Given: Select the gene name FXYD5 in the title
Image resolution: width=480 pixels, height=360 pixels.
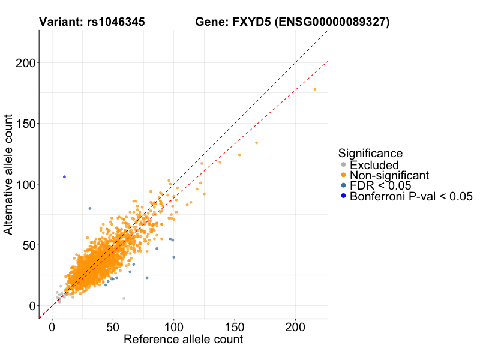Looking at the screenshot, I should click(250, 23).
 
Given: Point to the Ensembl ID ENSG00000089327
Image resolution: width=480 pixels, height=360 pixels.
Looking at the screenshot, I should click(331, 23).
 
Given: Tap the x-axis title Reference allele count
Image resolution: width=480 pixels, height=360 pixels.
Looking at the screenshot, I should click(183, 340).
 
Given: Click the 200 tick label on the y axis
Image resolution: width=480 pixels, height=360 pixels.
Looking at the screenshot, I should click(24, 63).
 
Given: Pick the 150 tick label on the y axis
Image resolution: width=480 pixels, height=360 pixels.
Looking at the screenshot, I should click(24, 124).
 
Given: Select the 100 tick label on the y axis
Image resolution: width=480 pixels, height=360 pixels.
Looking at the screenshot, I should click(24, 184).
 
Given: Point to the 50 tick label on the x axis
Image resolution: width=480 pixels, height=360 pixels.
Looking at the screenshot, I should click(113, 326).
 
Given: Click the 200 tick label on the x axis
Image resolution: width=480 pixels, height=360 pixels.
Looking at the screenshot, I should click(295, 326).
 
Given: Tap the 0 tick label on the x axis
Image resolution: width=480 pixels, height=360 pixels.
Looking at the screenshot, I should click(52, 326).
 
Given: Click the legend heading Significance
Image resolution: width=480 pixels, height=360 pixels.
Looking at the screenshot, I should click(370, 153).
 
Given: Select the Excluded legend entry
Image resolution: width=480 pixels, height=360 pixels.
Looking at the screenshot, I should click(374, 165).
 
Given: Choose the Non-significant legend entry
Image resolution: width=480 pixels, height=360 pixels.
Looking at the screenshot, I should click(389, 175).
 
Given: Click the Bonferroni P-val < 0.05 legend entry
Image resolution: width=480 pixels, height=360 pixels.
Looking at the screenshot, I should click(411, 196).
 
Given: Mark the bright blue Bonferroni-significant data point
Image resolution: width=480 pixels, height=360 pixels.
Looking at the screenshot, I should click(64, 176).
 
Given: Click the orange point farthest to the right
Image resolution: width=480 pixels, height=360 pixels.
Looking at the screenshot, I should click(315, 89).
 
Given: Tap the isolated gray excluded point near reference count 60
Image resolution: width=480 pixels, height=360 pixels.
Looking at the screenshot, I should click(124, 298).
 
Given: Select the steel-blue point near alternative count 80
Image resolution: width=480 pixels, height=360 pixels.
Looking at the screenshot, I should click(90, 208).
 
